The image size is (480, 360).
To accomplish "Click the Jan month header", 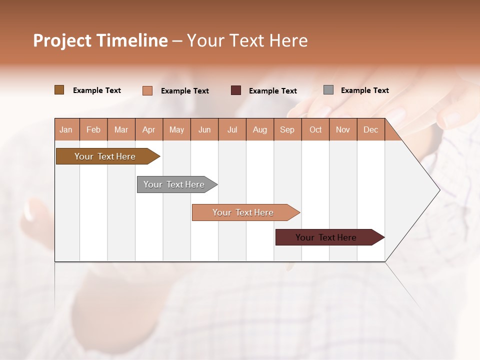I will pyautogui.click(x=66, y=129).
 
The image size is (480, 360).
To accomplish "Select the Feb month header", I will pyautogui.click(x=93, y=129).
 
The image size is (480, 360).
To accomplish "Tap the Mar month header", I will pyautogui.click(x=121, y=129).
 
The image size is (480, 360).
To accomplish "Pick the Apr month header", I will pyautogui.click(x=149, y=129).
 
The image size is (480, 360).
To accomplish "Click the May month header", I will pyautogui.click(x=176, y=129).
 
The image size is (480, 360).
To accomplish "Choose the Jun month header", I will pyautogui.click(x=204, y=129).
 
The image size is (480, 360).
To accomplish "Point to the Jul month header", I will pyautogui.click(x=232, y=129).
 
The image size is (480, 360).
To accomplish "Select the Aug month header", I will pyautogui.click(x=260, y=129).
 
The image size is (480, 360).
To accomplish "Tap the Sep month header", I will pyautogui.click(x=287, y=129).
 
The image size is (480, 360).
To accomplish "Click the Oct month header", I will pyautogui.click(x=315, y=129).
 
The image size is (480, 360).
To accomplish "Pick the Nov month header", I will pyautogui.click(x=343, y=129).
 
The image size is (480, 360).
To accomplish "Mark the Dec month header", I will pyautogui.click(x=371, y=129).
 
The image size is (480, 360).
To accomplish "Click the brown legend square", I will pyautogui.click(x=59, y=90).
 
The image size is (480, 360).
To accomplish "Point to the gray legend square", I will pyautogui.click(x=328, y=90).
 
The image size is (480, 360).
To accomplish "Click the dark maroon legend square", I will pyautogui.click(x=236, y=90).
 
